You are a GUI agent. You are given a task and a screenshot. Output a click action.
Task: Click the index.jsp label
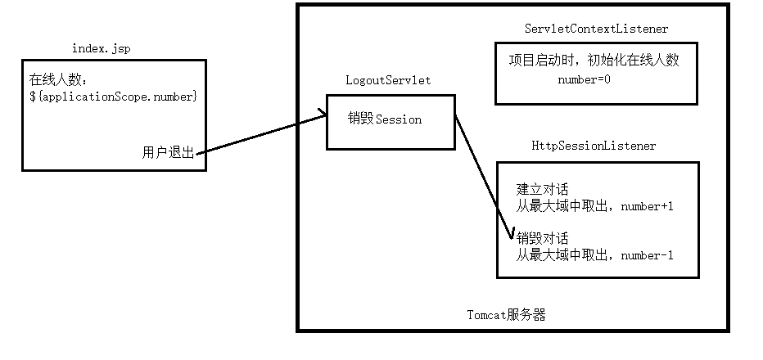pyautogui.click(x=101, y=49)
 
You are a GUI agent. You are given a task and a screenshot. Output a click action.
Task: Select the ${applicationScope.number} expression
pyautogui.click(x=113, y=97)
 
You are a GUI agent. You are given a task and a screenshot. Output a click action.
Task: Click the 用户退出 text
pyautogui.click(x=168, y=153)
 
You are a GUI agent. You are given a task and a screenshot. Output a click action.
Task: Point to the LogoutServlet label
pyautogui.click(x=388, y=80)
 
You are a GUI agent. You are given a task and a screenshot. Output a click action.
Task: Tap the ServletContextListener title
pyautogui.click(x=596, y=29)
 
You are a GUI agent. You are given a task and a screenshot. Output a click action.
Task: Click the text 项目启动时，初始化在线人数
pyautogui.click(x=595, y=61)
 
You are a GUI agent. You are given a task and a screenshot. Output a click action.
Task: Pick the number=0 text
pyautogui.click(x=585, y=80)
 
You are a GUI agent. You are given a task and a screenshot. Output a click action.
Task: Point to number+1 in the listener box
pyautogui.click(x=647, y=206)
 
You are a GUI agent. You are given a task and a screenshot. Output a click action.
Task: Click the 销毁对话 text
pyautogui.click(x=542, y=239)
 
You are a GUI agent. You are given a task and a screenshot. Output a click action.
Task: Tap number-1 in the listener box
pyautogui.click(x=647, y=255)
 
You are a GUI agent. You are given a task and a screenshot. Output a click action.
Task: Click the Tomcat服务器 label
pyautogui.click(x=506, y=314)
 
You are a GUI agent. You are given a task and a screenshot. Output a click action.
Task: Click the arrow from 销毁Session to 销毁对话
pyautogui.click(x=483, y=176)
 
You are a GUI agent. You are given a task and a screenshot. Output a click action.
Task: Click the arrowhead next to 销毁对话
pyautogui.click(x=511, y=236)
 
